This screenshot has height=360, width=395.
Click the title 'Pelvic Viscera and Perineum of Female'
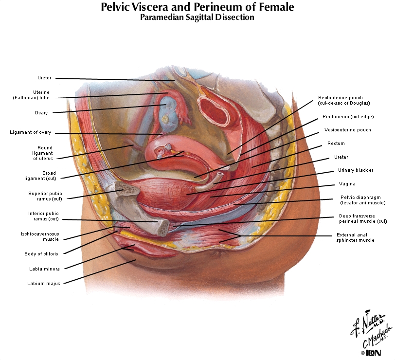tap(197, 7)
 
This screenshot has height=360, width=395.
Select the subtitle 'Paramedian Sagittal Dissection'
tap(197, 18)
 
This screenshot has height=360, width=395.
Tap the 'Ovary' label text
tap(41, 113)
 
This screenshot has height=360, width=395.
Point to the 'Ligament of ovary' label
tap(31, 132)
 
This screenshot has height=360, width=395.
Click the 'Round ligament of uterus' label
tap(43, 153)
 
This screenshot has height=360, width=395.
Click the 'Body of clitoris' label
tap(41, 253)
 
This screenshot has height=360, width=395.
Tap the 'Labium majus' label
tap(44, 284)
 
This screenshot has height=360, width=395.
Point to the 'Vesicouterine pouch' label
tap(348, 130)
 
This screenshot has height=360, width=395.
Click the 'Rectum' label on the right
tap(336, 144)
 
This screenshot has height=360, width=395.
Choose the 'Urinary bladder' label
tap(356, 170)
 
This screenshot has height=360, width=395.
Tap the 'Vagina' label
tap(347, 184)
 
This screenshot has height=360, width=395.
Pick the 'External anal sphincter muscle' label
tap(356, 237)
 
